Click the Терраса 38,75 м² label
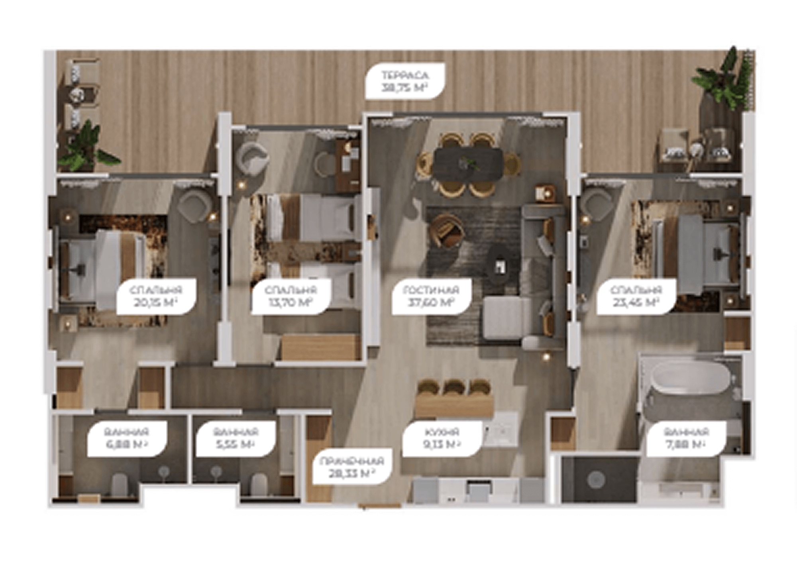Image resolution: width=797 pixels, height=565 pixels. click(x=405, y=81)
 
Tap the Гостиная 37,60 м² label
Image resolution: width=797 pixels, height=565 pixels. click(x=431, y=296)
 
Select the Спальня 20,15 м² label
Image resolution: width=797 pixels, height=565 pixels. click(x=156, y=296)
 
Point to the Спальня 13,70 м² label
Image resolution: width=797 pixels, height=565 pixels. click(x=291, y=296)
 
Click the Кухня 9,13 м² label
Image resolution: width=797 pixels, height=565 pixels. click(x=442, y=438)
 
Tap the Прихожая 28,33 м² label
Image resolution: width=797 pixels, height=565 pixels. click(x=352, y=467)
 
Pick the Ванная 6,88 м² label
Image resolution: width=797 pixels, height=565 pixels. click(x=126, y=438)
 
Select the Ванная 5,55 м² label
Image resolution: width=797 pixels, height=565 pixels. click(x=236, y=438)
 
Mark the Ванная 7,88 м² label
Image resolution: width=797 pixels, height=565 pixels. click(x=686, y=438)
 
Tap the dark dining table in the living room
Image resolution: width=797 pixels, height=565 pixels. click(x=468, y=163)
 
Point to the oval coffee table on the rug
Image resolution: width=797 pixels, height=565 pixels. click(x=501, y=265)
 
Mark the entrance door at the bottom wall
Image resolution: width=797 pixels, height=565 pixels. click(x=379, y=506)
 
